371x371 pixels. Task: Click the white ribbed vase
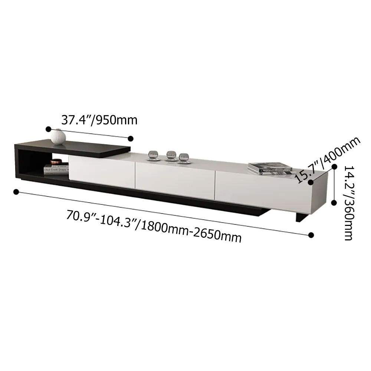(x=58, y=137)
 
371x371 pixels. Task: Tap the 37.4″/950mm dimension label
(x=99, y=120)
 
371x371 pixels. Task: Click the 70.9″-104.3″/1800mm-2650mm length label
(x=154, y=226)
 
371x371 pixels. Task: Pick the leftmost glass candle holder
(x=153, y=155)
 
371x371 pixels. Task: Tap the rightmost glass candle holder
(x=184, y=158)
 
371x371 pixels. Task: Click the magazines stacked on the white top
(x=270, y=168)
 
